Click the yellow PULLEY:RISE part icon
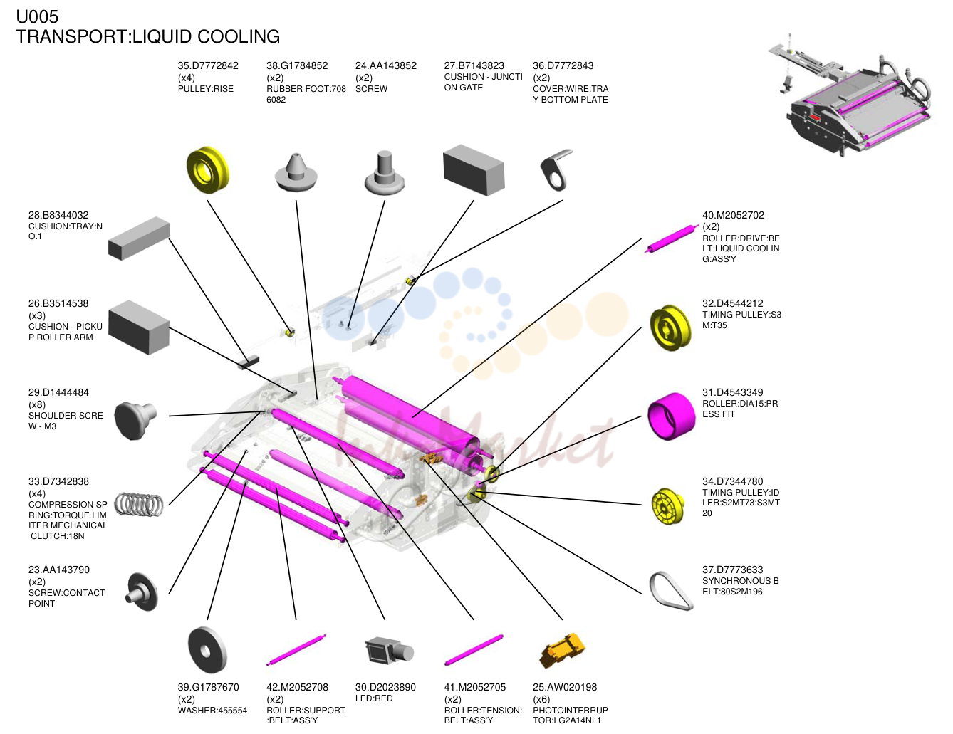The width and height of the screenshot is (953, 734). (x=208, y=169)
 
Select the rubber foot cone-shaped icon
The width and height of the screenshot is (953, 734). (x=296, y=172)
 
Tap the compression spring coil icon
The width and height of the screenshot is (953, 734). (x=139, y=504)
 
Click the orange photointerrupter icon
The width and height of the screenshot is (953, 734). (x=563, y=650)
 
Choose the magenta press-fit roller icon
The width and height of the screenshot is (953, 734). (x=671, y=416)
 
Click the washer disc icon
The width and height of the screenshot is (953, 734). (x=207, y=650)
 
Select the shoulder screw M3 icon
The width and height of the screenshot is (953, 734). (x=135, y=419)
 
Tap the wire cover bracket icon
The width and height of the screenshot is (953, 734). (x=556, y=169)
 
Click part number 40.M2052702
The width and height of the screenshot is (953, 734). (x=733, y=215)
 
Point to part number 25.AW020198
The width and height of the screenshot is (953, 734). (x=564, y=687)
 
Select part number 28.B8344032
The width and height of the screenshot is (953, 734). (x=58, y=215)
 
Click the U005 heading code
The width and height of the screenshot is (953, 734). (x=37, y=16)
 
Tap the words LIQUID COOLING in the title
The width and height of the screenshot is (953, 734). (x=206, y=36)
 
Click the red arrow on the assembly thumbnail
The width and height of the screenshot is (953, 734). (x=816, y=117)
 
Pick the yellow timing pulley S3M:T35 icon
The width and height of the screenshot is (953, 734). (x=670, y=327)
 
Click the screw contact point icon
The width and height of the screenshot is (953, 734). (x=141, y=592)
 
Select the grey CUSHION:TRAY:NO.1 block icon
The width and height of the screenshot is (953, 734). (x=139, y=238)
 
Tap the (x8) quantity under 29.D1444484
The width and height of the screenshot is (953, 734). (x=37, y=404)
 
